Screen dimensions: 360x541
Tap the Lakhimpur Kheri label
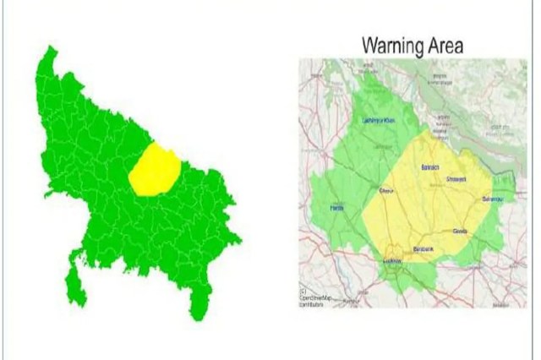(x=378, y=120)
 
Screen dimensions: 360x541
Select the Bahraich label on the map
(x=430, y=167)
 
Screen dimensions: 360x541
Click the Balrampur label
(x=493, y=199)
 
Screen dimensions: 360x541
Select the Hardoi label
(x=337, y=208)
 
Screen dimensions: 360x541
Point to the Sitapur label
(x=388, y=190)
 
